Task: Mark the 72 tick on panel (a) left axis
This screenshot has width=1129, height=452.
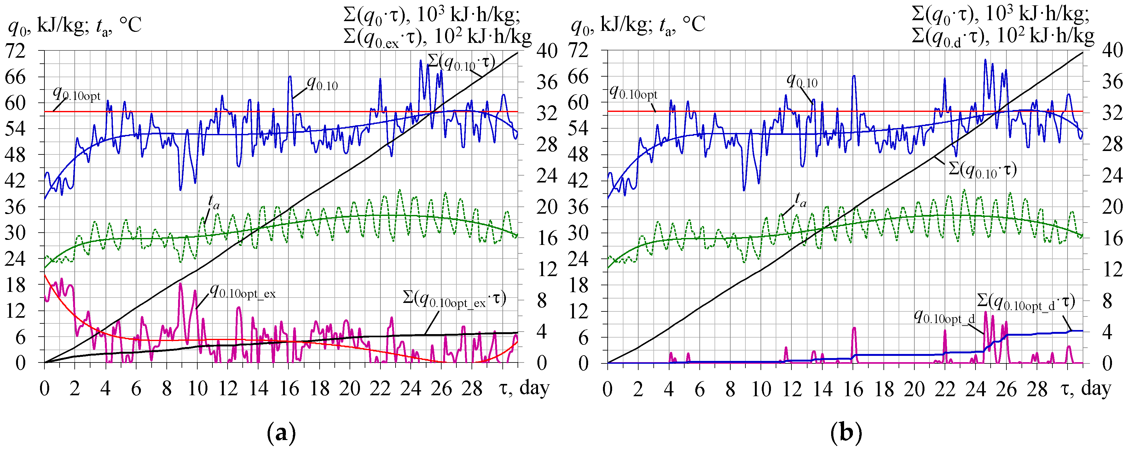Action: coord(15,51)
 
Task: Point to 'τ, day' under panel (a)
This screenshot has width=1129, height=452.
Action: coord(524,388)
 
